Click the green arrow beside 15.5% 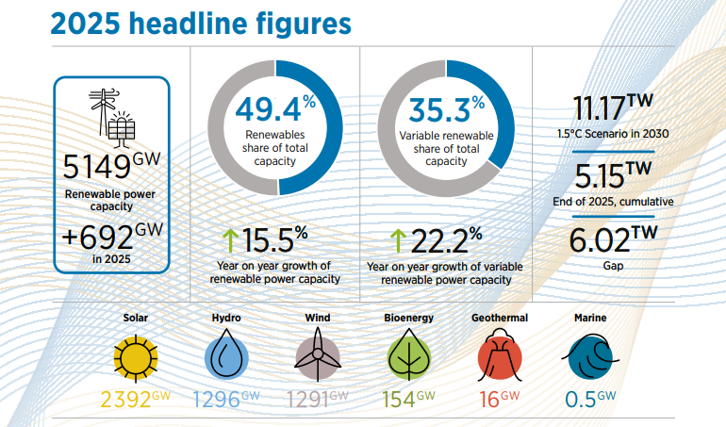point(229,240)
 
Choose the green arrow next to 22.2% point(398,240)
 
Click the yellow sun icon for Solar point(135,357)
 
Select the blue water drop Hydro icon point(226,357)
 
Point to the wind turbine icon point(318,357)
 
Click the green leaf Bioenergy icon point(409,357)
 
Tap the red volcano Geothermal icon point(500,357)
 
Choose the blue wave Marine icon point(590,357)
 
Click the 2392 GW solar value point(135,399)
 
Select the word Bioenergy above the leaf point(409,319)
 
